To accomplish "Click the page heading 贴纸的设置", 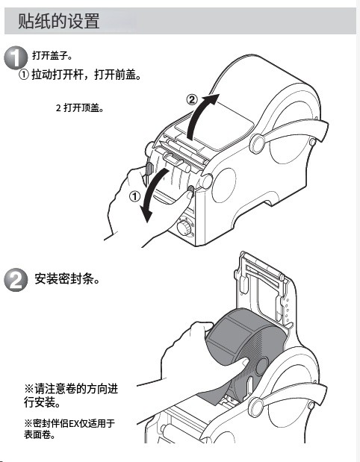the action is point(59,21).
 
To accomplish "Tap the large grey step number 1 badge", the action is point(16,58).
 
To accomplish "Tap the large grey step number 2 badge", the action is point(16,280).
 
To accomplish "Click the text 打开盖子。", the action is point(52,55).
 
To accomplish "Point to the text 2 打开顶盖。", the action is point(80,107).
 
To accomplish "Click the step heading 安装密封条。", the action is point(67,278).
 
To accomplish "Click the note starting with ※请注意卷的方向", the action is point(71,396).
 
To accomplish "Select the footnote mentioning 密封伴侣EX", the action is point(69,428).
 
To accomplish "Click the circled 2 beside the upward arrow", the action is point(192,99).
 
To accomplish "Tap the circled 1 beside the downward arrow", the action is point(134,196).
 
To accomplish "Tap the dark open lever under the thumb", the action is point(190,191).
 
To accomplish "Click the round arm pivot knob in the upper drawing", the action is point(257,143).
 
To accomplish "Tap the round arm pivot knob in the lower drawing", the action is point(255,407).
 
